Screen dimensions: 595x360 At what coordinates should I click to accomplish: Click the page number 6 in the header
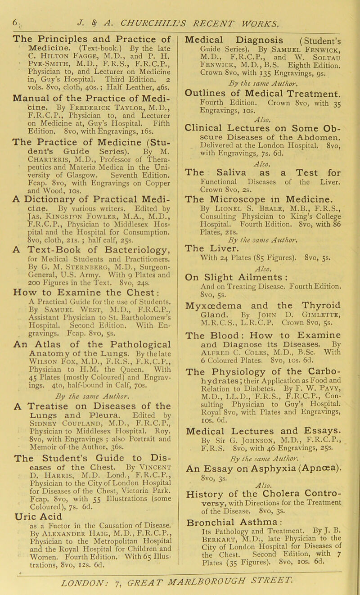(6, 8)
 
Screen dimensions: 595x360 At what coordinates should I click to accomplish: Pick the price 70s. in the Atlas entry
(127, 394)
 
